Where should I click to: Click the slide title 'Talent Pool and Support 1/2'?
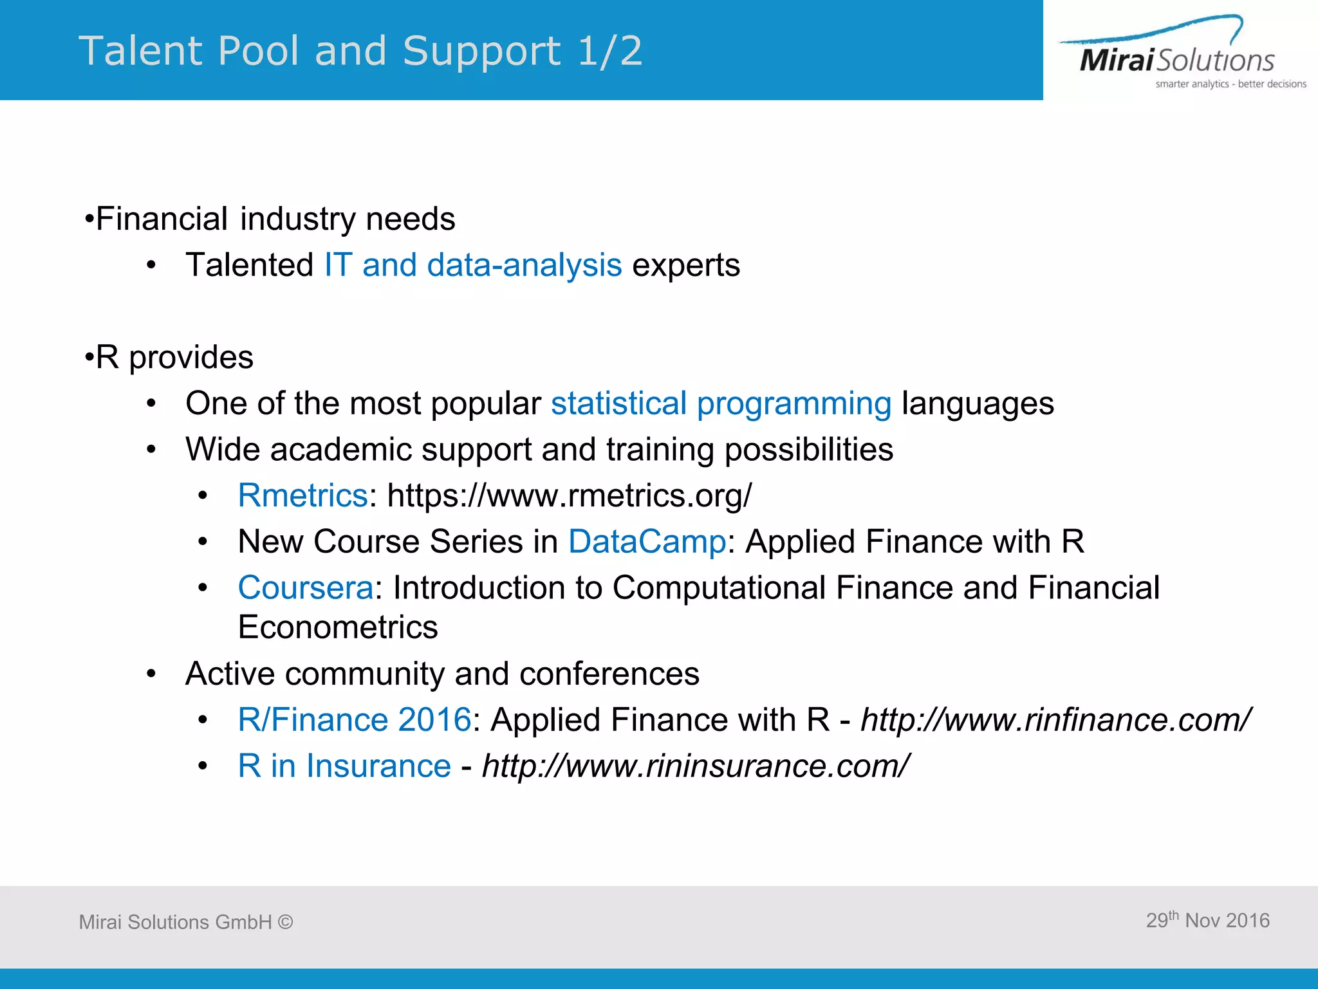360,51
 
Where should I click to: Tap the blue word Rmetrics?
302,495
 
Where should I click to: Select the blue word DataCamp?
647,542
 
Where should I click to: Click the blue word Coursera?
306,588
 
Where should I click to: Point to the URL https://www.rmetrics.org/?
570,495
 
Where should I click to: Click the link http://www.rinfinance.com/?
1055,719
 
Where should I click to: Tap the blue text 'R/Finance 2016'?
355,719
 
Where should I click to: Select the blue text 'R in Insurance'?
344,766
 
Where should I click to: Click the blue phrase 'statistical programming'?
721,403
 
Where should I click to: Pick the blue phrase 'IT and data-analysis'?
473,265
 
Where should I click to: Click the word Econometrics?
338,627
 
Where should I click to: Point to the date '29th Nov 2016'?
1207,920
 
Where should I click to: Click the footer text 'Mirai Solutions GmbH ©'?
186,922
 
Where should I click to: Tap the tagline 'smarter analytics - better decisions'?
1230,84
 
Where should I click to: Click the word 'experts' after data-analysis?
686,265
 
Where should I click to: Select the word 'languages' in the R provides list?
978,403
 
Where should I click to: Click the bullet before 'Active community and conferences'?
151,674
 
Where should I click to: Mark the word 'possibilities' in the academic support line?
809,449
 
